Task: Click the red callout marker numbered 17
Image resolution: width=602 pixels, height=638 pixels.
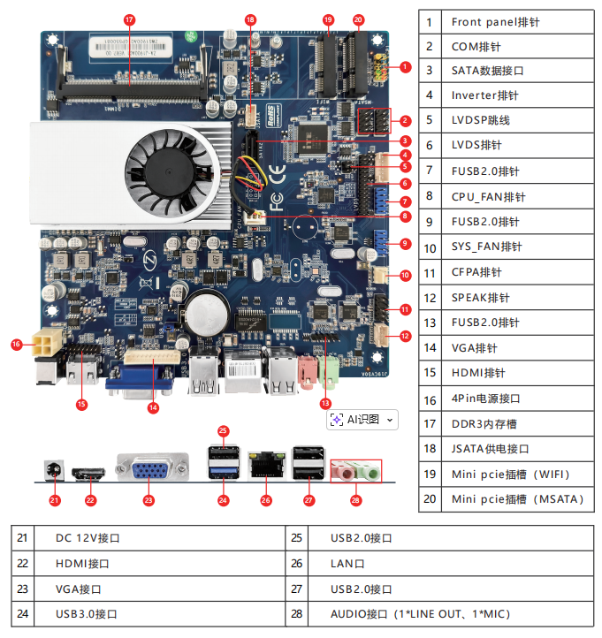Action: pyautogui.click(x=130, y=19)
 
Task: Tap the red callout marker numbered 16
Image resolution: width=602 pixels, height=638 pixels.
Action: pyautogui.click(x=16, y=344)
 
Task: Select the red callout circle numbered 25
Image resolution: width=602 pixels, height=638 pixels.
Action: pyautogui.click(x=223, y=431)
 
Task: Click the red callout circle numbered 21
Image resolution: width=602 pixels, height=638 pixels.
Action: pyautogui.click(x=55, y=500)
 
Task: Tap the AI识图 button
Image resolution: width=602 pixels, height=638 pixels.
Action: pyautogui.click(x=362, y=419)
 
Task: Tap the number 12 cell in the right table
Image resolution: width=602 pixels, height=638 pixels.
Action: pyautogui.click(x=430, y=298)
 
